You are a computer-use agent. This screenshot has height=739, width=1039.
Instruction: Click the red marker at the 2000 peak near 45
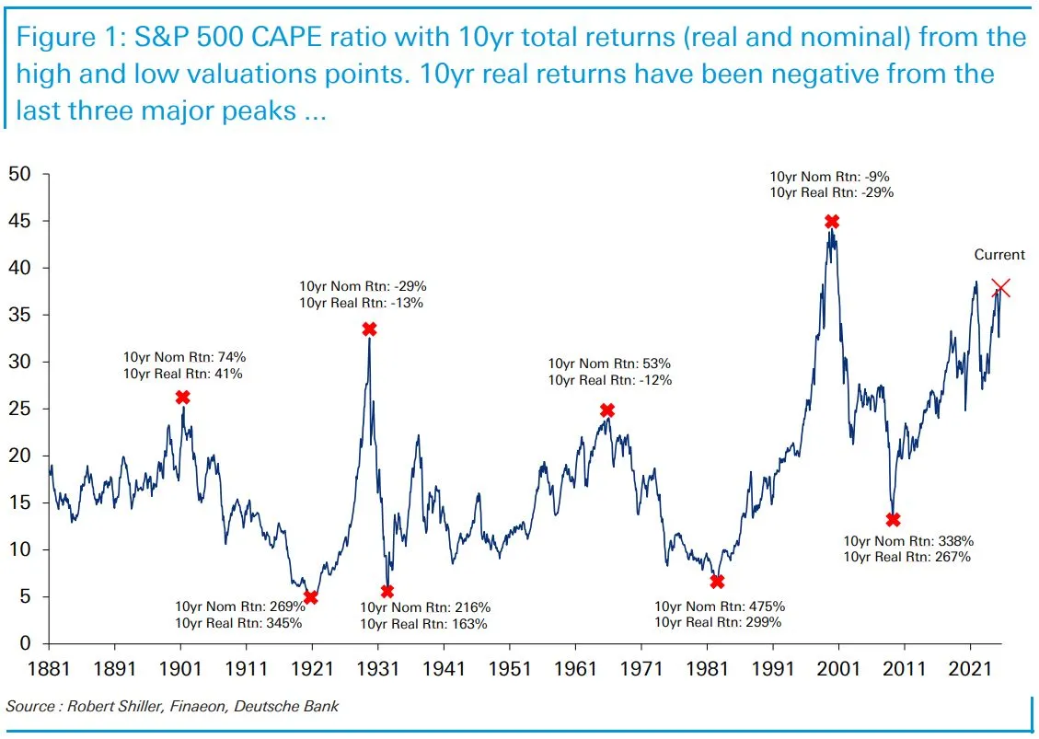[x=832, y=222]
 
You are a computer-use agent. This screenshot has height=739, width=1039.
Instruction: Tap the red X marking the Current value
[x=1001, y=289]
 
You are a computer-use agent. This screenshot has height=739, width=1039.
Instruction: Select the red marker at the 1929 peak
[x=369, y=329]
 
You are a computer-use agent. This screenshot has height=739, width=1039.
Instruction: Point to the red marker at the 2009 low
[x=893, y=520]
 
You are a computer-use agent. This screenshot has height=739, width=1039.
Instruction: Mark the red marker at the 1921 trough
[x=311, y=597]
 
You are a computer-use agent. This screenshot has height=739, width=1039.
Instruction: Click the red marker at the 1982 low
[x=717, y=582]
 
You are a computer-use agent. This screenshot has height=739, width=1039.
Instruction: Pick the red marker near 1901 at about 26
[x=182, y=398]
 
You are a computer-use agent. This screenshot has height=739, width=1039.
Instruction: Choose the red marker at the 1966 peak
[x=607, y=410]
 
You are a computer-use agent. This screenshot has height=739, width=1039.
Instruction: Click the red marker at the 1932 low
[x=387, y=592]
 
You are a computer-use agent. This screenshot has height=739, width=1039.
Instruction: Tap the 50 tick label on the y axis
[x=21, y=175]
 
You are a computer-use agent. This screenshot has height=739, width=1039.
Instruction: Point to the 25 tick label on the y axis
[x=21, y=410]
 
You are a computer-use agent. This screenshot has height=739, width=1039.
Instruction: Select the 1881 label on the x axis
[x=49, y=668]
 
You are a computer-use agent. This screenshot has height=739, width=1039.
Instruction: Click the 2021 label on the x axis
[x=970, y=668]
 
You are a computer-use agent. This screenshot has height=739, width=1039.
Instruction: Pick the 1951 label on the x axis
[x=509, y=668]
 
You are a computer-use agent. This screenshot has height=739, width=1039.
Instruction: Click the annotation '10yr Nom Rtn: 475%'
[x=720, y=606]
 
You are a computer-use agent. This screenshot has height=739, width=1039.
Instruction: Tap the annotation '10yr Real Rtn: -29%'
[x=832, y=192]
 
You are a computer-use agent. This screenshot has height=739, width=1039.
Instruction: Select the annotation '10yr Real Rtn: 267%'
[x=907, y=557]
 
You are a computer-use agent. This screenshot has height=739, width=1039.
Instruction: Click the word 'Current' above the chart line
[x=999, y=255]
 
